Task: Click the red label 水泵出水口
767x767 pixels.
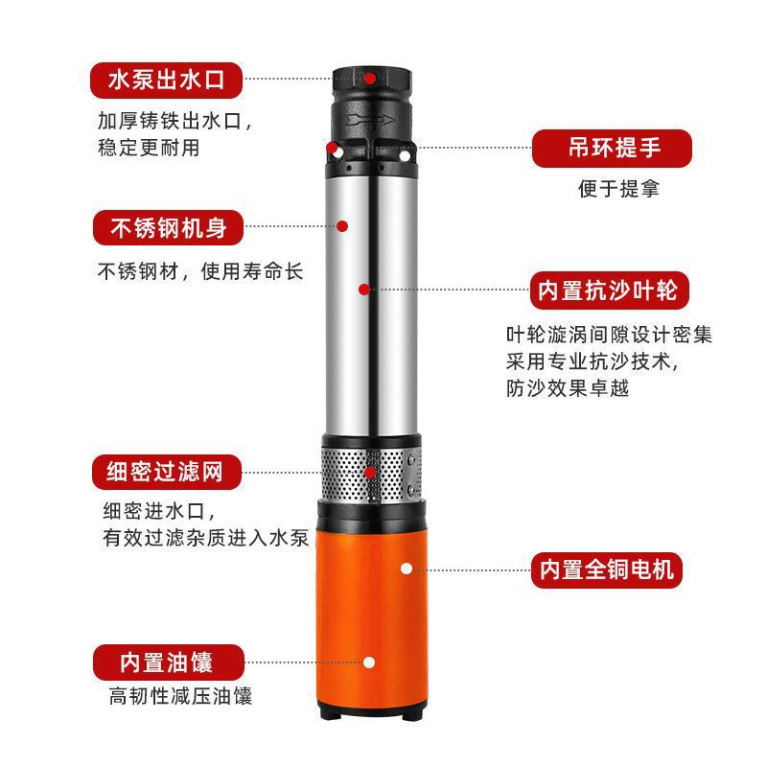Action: [166, 81]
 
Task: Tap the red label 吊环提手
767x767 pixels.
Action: [612, 149]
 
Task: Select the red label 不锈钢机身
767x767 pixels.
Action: [169, 228]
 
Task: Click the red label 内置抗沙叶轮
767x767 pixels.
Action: [610, 291]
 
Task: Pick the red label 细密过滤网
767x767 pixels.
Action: [167, 472]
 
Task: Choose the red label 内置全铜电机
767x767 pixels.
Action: [607, 570]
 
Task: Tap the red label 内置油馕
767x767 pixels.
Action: [169, 662]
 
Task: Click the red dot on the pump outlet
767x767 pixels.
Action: [370, 79]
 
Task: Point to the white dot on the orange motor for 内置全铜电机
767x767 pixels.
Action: [407, 569]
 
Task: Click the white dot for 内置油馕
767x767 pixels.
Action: [369, 662]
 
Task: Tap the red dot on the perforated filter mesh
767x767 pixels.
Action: [370, 473]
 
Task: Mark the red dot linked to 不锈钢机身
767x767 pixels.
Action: [342, 226]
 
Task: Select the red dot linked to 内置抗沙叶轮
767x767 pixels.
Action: [364, 290]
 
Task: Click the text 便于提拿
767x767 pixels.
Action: [618, 189]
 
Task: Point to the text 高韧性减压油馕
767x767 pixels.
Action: [180, 697]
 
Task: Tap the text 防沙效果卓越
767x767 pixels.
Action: [568, 389]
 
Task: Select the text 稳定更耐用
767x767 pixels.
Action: [149, 148]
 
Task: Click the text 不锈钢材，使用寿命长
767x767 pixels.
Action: [200, 271]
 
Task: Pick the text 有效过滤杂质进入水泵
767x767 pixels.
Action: [205, 538]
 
